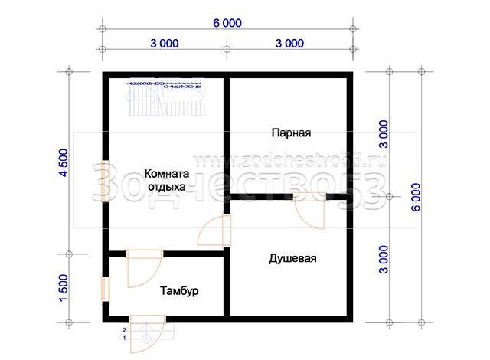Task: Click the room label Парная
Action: pyautogui.click(x=291, y=133)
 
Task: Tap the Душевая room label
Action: pyautogui.click(x=292, y=259)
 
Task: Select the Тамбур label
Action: pyautogui.click(x=179, y=291)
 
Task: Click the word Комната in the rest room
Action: pyautogui.click(x=167, y=173)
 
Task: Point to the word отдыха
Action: pyautogui.click(x=167, y=187)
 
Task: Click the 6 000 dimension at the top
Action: pyautogui.click(x=227, y=23)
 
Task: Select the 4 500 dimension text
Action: pyautogui.click(x=64, y=163)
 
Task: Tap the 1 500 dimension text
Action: pyautogui.click(x=64, y=288)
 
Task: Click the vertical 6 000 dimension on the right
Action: pyautogui.click(x=416, y=197)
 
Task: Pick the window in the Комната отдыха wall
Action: pyautogui.click(x=106, y=182)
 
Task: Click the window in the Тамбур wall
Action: pyautogui.click(x=106, y=289)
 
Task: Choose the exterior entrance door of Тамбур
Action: pyautogui.click(x=147, y=334)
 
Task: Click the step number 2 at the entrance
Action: pyautogui.click(x=124, y=330)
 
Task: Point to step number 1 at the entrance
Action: pyautogui.click(x=124, y=338)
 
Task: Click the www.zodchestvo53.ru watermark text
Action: pyautogui.click(x=290, y=161)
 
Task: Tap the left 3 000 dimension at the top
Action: pyautogui.click(x=165, y=44)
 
